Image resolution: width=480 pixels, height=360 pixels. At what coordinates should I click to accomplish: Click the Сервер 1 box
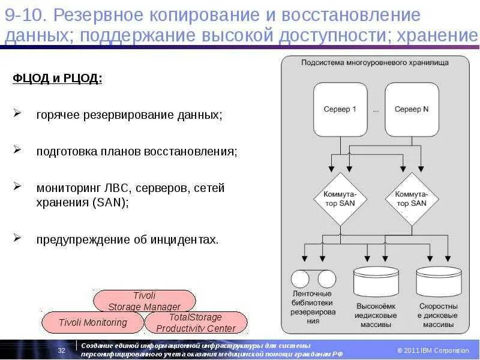coord(340,109)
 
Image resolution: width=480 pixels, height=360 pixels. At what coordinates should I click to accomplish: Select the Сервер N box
coord(412,109)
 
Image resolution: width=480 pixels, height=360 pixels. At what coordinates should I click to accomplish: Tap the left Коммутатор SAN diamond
coord(340,199)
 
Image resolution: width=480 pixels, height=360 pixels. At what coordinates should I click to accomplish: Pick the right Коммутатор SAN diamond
coord(411,199)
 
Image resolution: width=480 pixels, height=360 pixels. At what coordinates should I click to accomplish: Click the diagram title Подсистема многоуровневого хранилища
coord(376,62)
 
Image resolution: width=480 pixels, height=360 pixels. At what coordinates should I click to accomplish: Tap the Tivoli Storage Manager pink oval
coord(144,301)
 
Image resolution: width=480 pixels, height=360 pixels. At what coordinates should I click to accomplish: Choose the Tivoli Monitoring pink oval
coord(92,322)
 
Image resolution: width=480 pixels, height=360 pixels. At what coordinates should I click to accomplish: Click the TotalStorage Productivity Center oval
coord(196,322)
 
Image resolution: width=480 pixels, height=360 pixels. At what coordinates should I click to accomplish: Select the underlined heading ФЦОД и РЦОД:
coord(58,80)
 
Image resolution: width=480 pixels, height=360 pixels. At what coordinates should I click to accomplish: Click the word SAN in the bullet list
coord(110,203)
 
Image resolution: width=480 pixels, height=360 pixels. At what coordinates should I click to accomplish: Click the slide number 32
coord(61,350)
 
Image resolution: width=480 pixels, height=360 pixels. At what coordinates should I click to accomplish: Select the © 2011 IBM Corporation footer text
coord(433,350)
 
